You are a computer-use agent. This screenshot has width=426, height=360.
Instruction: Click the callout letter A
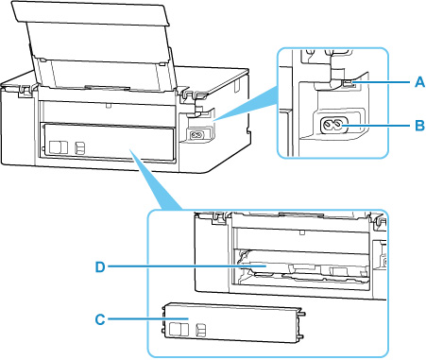tap(419, 82)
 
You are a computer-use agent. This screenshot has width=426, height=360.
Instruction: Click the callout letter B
tap(419, 126)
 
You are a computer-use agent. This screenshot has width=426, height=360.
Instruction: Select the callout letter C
tap(100, 319)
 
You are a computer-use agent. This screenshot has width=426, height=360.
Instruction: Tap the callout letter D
tap(100, 267)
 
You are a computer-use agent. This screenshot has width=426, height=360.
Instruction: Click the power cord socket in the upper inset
tap(333, 126)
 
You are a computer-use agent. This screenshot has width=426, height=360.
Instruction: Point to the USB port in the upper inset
tap(348, 84)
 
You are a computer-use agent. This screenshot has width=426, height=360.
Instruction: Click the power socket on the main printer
tap(197, 135)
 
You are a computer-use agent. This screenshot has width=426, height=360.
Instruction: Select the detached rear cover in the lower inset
tap(232, 323)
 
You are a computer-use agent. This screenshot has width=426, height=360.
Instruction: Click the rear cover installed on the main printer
tap(108, 142)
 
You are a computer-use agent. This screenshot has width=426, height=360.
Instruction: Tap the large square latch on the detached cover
tap(179, 329)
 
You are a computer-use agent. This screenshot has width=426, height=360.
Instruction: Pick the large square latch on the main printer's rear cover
tap(59, 147)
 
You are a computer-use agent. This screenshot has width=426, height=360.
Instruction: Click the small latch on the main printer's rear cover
tap(80, 147)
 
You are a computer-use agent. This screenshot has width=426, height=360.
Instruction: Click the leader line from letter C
tap(148, 319)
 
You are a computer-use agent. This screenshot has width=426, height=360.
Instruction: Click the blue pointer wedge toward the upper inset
tap(246, 105)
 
